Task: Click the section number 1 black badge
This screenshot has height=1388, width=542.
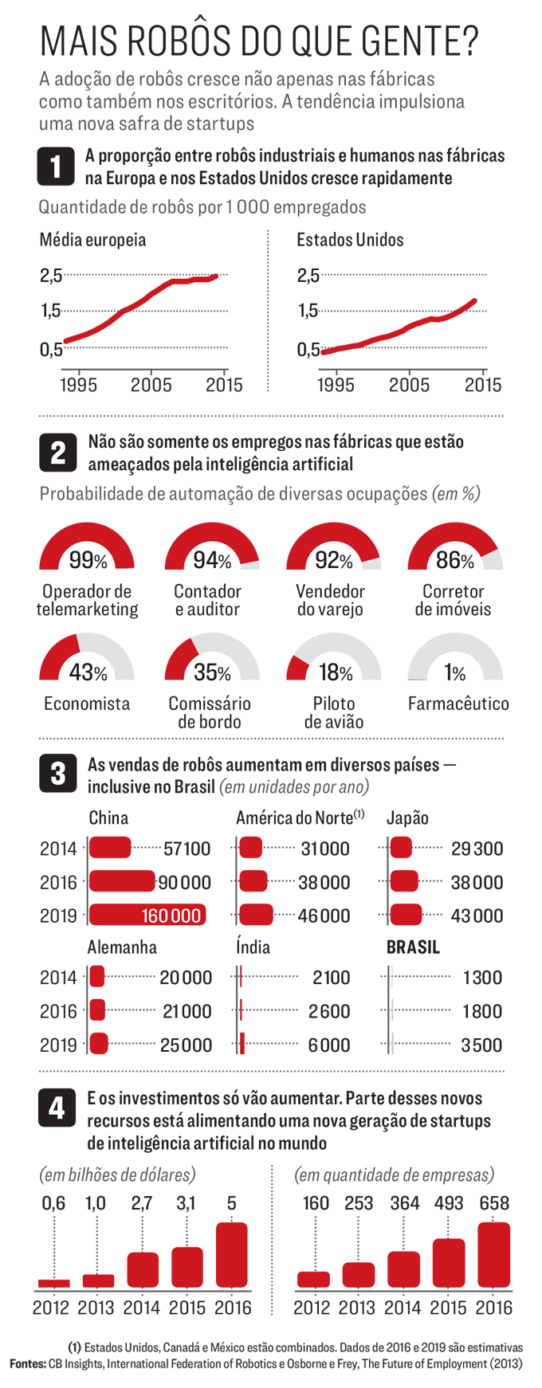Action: [x=56, y=167]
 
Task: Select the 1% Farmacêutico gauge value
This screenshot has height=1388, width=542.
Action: [x=455, y=673]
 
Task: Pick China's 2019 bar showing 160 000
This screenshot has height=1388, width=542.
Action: [x=147, y=915]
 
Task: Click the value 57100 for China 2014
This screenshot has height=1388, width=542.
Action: [x=187, y=849]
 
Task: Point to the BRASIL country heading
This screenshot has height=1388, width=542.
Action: [x=413, y=947]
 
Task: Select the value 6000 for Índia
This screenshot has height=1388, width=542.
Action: [x=329, y=1045]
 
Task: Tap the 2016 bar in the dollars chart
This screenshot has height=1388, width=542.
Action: [x=232, y=1255]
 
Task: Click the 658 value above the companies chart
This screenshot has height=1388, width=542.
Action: [x=494, y=1203]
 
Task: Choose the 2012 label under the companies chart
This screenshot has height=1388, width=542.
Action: [x=312, y=1308]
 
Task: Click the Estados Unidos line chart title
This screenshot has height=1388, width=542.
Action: [x=350, y=240]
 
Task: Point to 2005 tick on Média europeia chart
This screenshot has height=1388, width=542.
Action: [x=151, y=385]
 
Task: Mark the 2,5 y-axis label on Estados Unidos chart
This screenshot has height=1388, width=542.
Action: [x=308, y=276]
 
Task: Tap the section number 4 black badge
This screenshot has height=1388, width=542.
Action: [x=57, y=1109]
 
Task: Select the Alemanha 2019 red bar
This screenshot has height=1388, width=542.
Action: [x=99, y=1043]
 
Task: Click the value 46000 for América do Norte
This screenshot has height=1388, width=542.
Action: [x=324, y=916]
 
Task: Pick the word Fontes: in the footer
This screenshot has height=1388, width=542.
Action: [x=28, y=1363]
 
